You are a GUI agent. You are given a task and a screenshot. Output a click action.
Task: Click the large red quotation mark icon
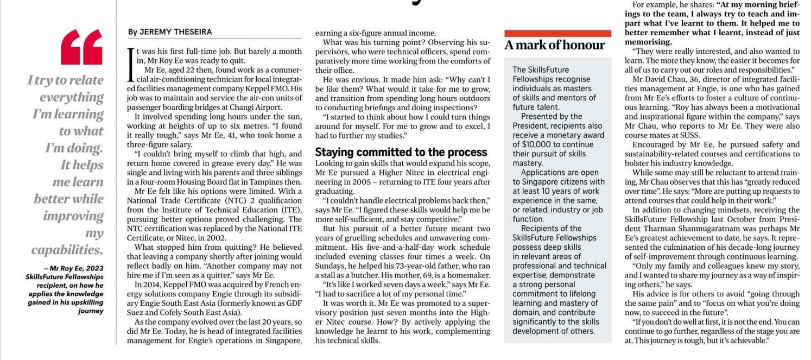pyautogui.click(x=81, y=47)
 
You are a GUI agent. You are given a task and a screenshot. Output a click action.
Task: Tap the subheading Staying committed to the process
pyautogui.click(x=401, y=153)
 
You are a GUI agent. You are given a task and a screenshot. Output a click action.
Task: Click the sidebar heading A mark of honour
pyautogui.click(x=554, y=46)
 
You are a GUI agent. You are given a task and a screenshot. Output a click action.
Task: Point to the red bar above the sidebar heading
pyautogui.click(x=557, y=33)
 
